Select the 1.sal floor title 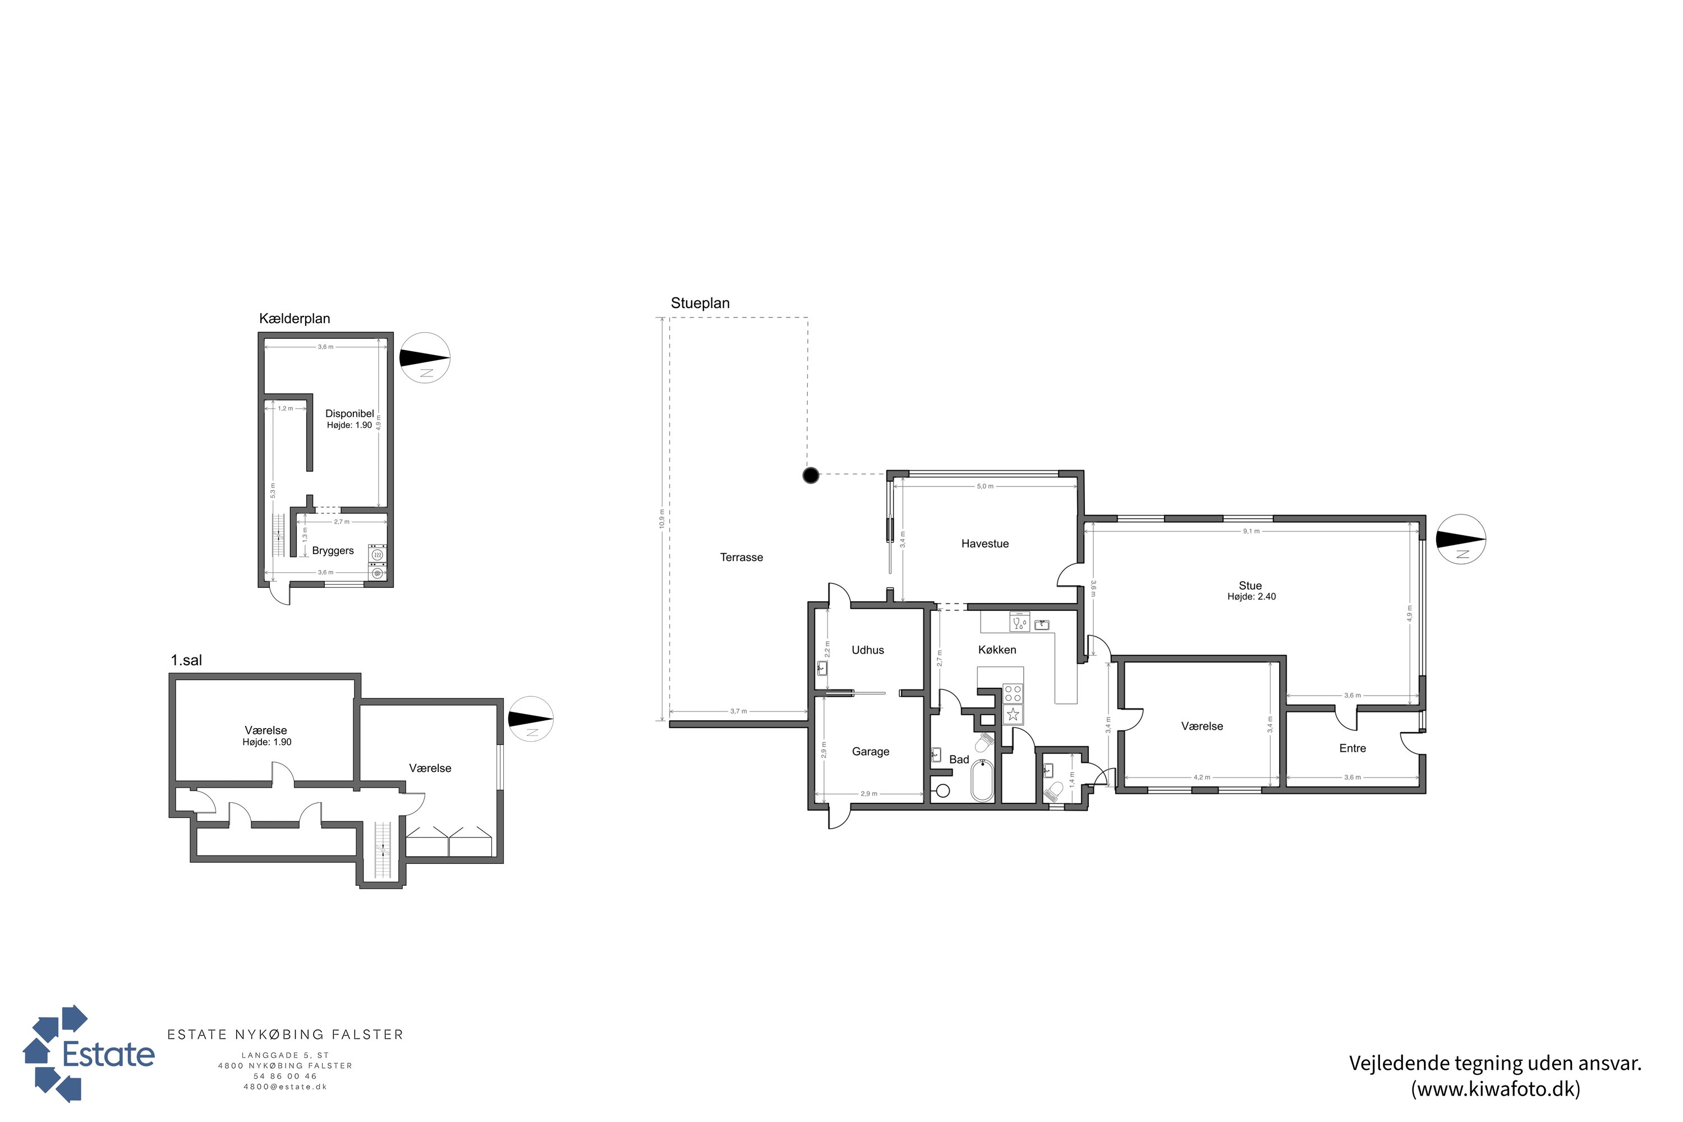pyautogui.click(x=186, y=660)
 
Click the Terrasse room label pyautogui.click(x=741, y=558)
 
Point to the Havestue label pyautogui.click(x=985, y=544)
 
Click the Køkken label pyautogui.click(x=997, y=650)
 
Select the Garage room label pyautogui.click(x=870, y=751)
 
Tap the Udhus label pyautogui.click(x=867, y=650)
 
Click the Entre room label pyautogui.click(x=1353, y=748)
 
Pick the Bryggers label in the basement pyautogui.click(x=333, y=551)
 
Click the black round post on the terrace pyautogui.click(x=810, y=475)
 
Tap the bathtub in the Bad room pyautogui.click(x=982, y=781)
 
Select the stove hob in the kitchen pyautogui.click(x=1013, y=693)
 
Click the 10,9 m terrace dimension pyautogui.click(x=662, y=519)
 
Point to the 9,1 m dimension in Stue pyautogui.click(x=1251, y=531)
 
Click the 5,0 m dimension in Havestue pyautogui.click(x=985, y=486)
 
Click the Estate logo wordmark pyautogui.click(x=108, y=1054)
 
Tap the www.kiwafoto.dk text pyautogui.click(x=1496, y=1089)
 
